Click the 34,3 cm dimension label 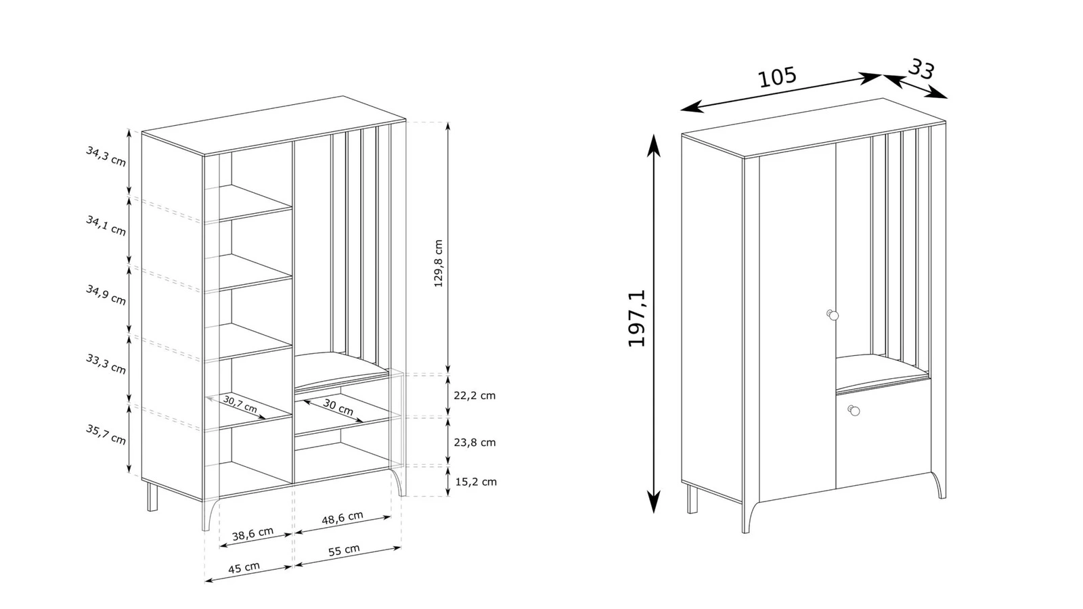tap(106, 156)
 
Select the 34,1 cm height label tap(106, 226)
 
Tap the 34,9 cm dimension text tap(106, 295)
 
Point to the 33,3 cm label tap(106, 364)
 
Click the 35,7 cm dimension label tap(106, 434)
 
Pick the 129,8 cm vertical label tap(439, 263)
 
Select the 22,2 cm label tap(474, 395)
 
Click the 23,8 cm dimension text tap(474, 443)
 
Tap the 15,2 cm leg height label tap(476, 481)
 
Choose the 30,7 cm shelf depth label tap(240, 404)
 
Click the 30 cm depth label tap(338, 407)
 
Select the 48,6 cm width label tap(342, 518)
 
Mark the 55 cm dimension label tap(345, 550)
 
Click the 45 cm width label tap(244, 568)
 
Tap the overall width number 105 tap(777, 77)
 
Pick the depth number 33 tap(921, 69)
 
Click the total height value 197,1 tap(637, 318)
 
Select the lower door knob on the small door tap(854, 410)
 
